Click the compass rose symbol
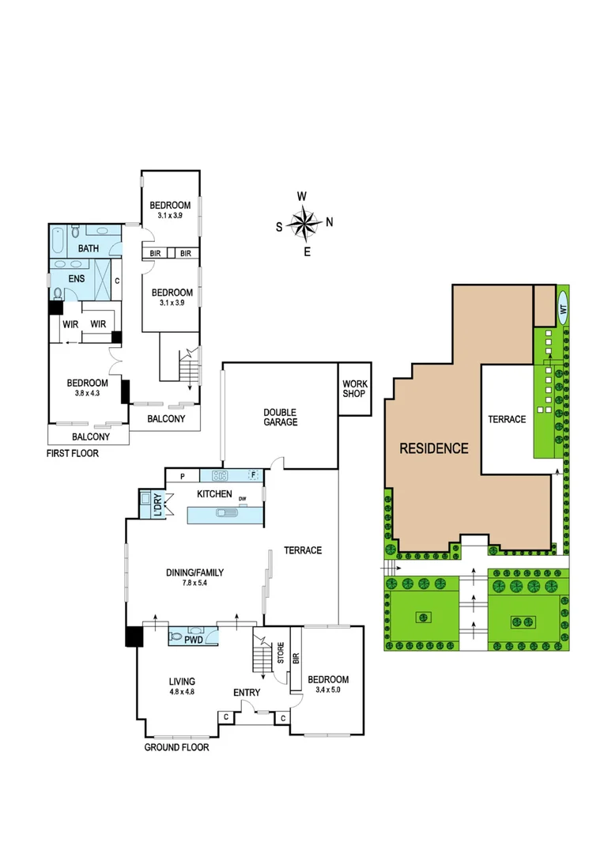tap(304, 224)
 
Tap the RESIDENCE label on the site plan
tap(433, 448)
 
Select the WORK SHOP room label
tap(355, 388)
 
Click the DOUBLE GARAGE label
tap(281, 417)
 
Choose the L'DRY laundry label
tap(159, 505)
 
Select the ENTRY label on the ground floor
tap(247, 693)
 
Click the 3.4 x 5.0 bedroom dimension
tap(327, 691)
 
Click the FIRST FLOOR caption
tap(77, 454)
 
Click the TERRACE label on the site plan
tap(506, 419)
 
